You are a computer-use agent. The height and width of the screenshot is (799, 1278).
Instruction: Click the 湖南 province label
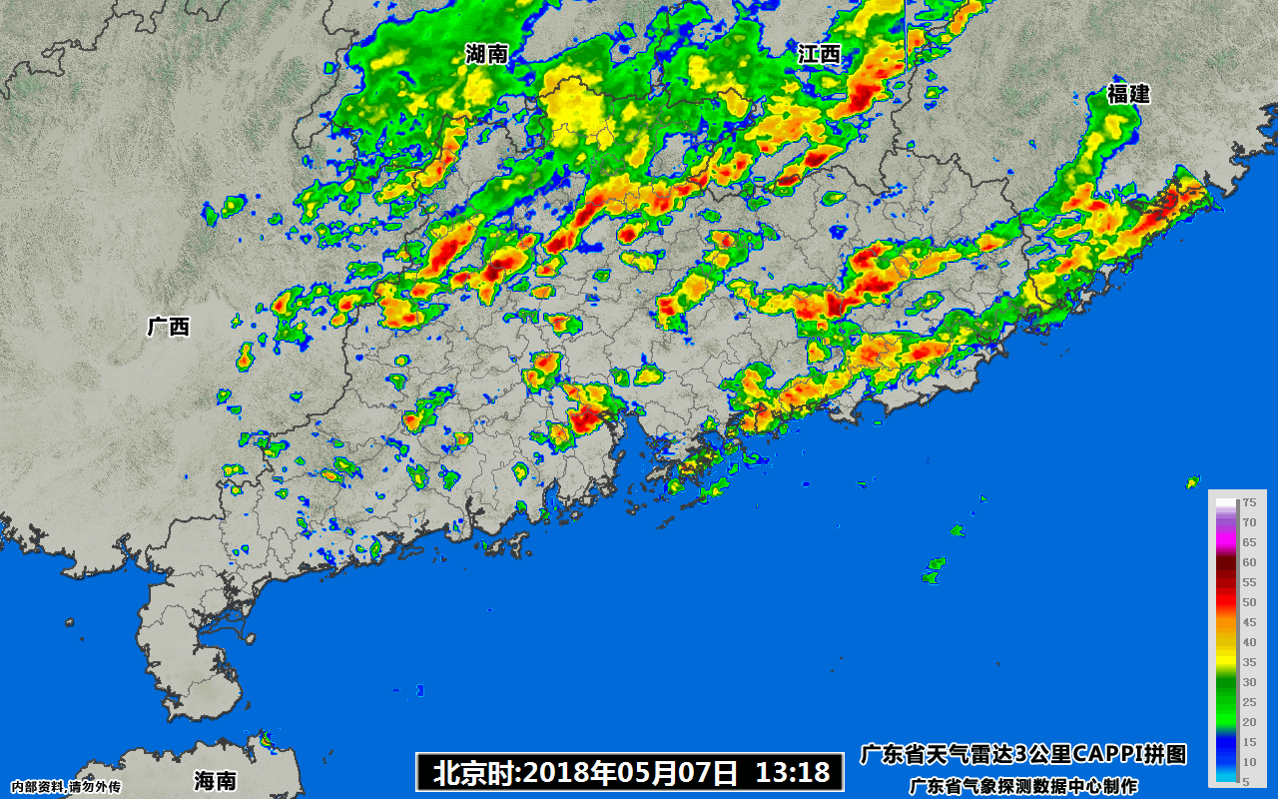pyautogui.click(x=487, y=55)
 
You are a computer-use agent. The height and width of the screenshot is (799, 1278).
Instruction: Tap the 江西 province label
pyautogui.click(x=820, y=55)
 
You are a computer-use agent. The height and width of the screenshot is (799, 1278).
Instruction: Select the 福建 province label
pyautogui.click(x=1128, y=95)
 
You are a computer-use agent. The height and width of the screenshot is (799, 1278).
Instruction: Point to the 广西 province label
pyautogui.click(x=168, y=327)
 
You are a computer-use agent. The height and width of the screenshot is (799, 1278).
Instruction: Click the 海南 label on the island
pyautogui.click(x=216, y=780)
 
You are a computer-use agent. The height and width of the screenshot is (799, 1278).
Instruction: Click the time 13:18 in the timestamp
pyautogui.click(x=793, y=771)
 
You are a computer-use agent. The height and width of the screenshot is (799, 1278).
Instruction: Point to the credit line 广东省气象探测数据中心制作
pyautogui.click(x=1023, y=786)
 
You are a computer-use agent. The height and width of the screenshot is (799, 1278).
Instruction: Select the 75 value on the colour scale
pyautogui.click(x=1248, y=503)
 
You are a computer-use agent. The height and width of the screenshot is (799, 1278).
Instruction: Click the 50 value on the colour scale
pyautogui.click(x=1248, y=602)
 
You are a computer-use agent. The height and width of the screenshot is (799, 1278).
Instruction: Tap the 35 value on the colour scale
pyautogui.click(x=1248, y=662)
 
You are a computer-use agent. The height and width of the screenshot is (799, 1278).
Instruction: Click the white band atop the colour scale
pyautogui.click(x=1225, y=505)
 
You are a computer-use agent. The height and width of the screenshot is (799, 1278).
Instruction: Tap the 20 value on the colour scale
pyautogui.click(x=1248, y=722)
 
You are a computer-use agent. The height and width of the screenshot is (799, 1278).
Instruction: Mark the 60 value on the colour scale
pyautogui.click(x=1248, y=562)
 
